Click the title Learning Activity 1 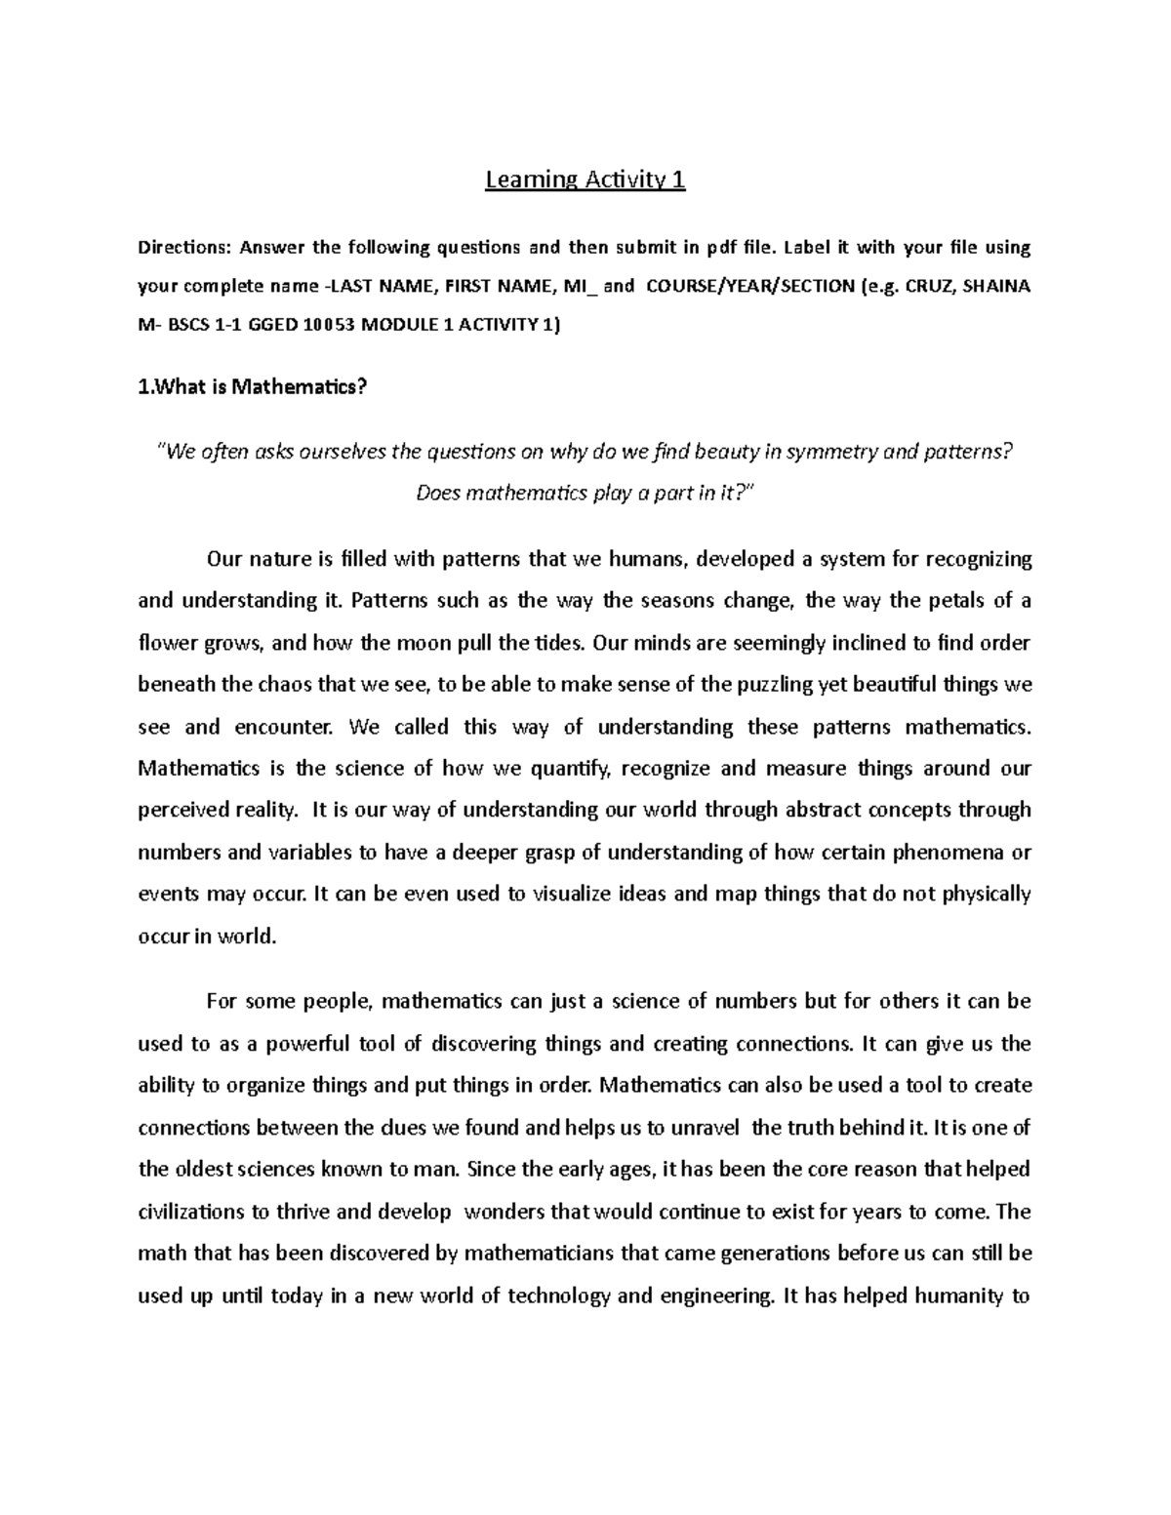coord(585,180)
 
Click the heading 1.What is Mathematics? coord(254,387)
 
